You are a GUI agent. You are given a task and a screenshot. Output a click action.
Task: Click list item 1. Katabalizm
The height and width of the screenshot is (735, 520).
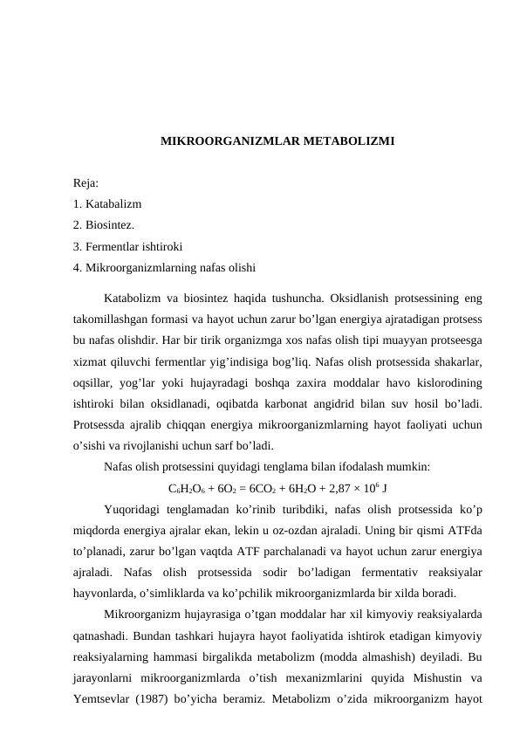(109, 204)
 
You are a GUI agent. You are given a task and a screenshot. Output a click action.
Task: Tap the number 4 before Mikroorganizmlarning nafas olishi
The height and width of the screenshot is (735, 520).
(78, 265)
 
